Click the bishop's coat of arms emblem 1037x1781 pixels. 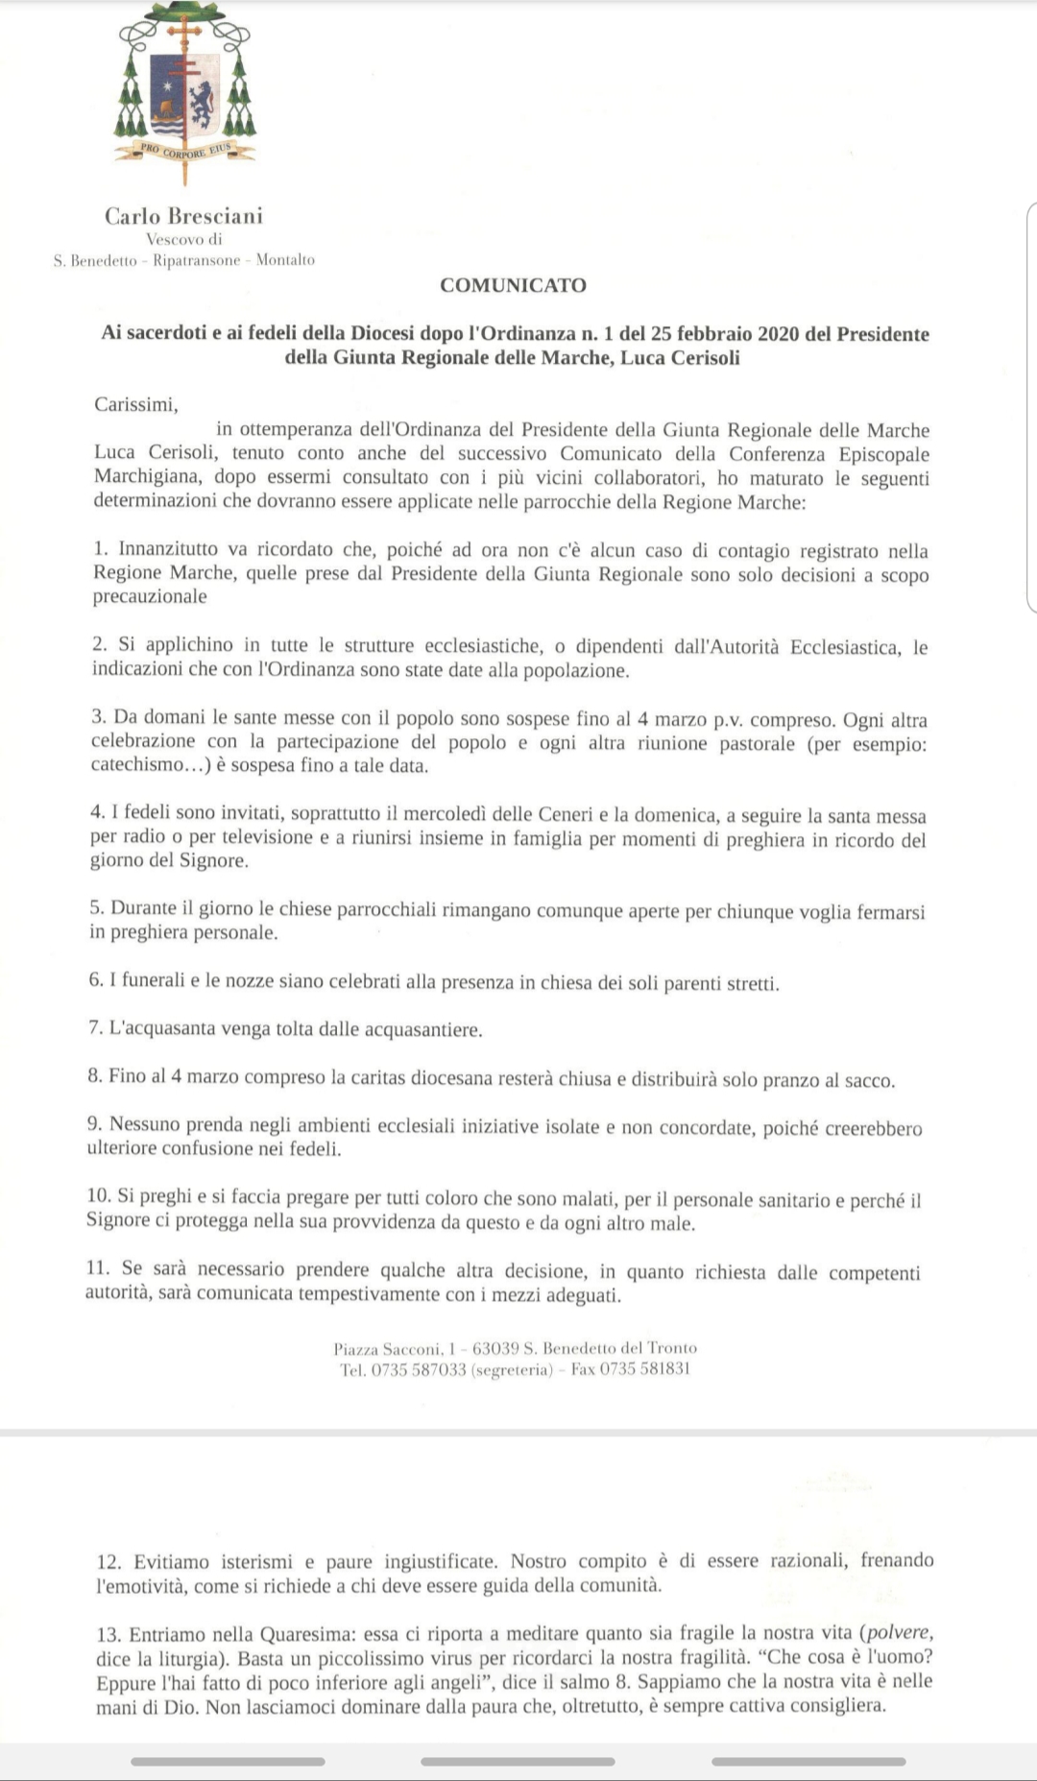pos(185,92)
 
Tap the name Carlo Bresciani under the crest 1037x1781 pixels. pos(183,216)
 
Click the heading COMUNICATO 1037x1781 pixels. pos(513,285)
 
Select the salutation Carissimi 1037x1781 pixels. pos(135,404)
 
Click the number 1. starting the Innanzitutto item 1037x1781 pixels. pos(102,550)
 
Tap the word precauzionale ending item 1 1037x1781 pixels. pos(150,596)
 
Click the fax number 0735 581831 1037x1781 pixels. pos(644,1369)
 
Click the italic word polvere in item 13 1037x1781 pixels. pos(898,1632)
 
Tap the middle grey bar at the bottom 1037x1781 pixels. pos(518,1762)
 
